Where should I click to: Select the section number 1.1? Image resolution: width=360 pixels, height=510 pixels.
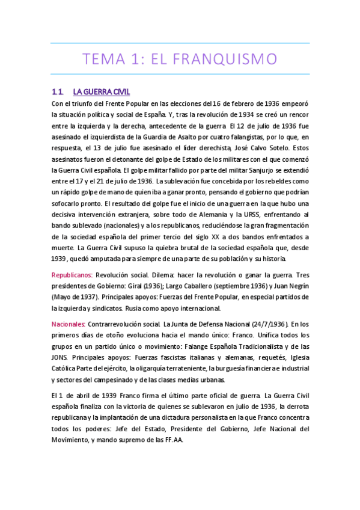pos(58,92)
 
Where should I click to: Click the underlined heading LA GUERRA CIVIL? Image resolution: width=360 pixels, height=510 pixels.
pos(101,92)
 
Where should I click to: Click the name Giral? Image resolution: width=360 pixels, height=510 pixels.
pos(144,286)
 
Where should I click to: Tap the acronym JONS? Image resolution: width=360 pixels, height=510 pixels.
pos(61,357)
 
